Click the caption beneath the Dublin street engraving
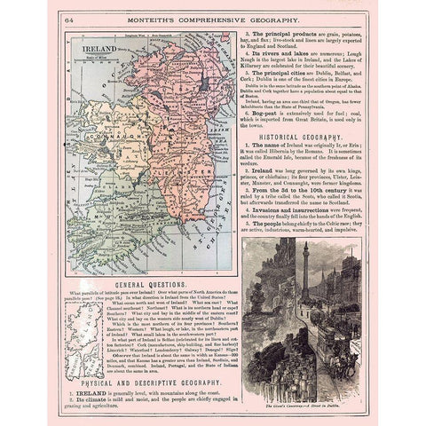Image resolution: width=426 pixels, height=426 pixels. pos(302,389)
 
